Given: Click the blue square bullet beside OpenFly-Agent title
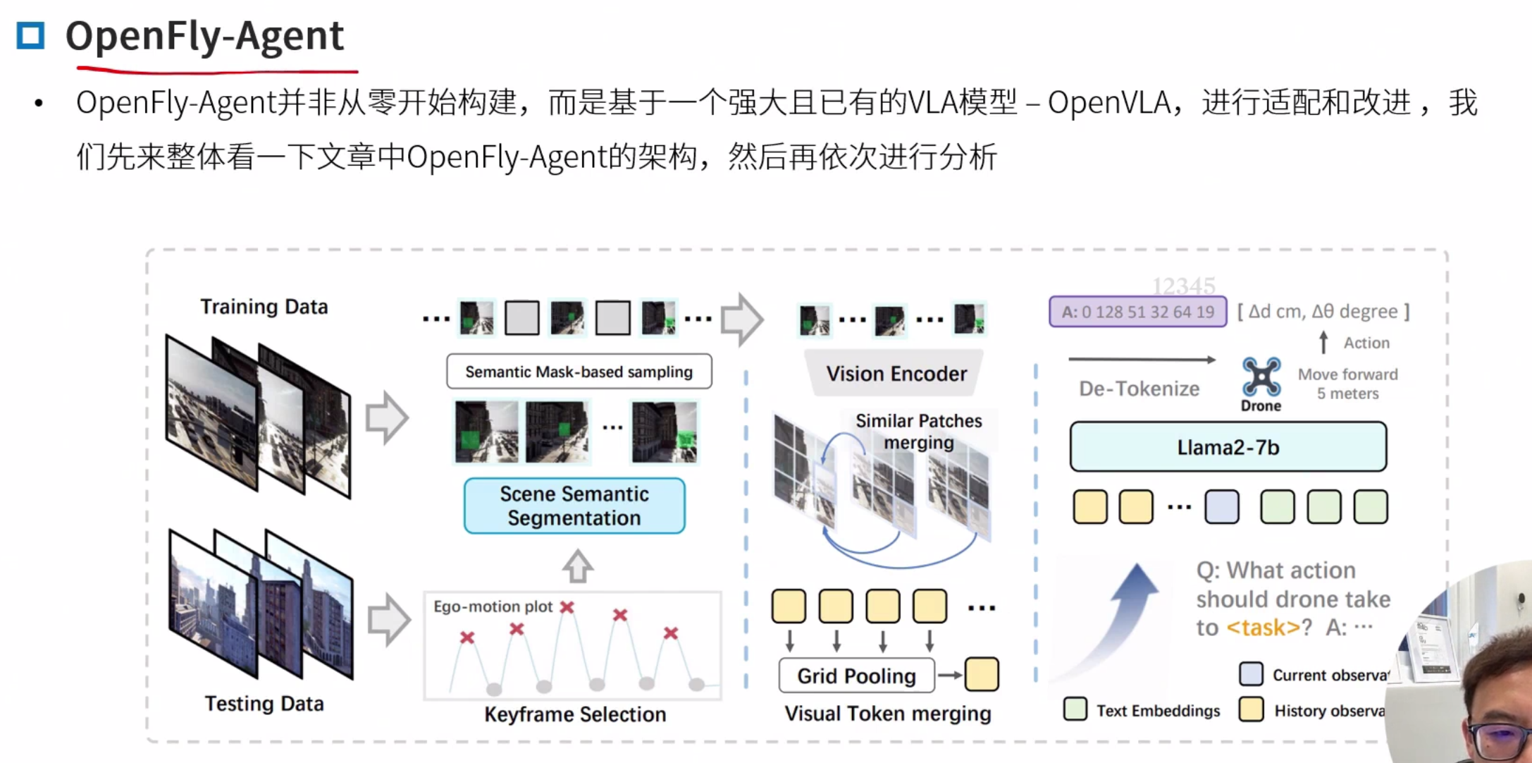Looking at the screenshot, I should click(30, 35).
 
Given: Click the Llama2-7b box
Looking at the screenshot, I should click(1228, 447).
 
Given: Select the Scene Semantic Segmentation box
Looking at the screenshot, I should click(574, 506).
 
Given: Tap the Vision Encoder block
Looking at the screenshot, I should click(896, 373).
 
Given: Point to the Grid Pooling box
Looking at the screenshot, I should click(856, 676).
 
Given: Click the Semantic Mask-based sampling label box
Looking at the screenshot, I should click(579, 372).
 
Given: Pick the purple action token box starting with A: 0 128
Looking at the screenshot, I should click(1137, 312).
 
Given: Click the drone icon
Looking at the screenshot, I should click(1261, 377).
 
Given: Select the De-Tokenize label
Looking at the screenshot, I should click(1139, 389).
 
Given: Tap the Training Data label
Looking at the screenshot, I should click(264, 307).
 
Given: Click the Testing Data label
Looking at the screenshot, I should click(264, 704).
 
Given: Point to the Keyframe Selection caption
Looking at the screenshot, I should click(574, 714).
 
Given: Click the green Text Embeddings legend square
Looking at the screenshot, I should click(1075, 709).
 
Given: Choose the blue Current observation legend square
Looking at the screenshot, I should click(1251, 673).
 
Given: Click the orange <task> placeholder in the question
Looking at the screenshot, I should click(1263, 627).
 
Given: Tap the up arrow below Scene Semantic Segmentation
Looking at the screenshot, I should click(577, 566).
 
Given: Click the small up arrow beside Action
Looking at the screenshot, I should click(1323, 343).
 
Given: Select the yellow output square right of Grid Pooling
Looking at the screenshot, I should click(981, 674).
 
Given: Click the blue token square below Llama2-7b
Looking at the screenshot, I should click(1221, 507).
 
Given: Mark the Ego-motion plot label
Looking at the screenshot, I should click(493, 606).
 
